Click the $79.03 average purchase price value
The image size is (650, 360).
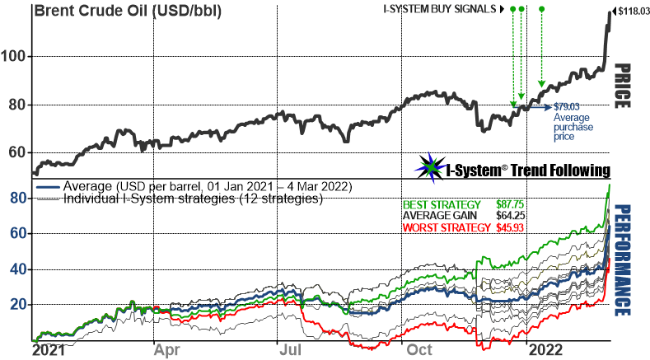coord(566,106)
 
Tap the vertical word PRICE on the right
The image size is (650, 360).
coord(624,86)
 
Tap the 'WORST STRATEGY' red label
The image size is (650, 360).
coord(441,227)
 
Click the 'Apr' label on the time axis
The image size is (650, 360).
coord(168,349)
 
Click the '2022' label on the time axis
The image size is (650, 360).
coord(548,349)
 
